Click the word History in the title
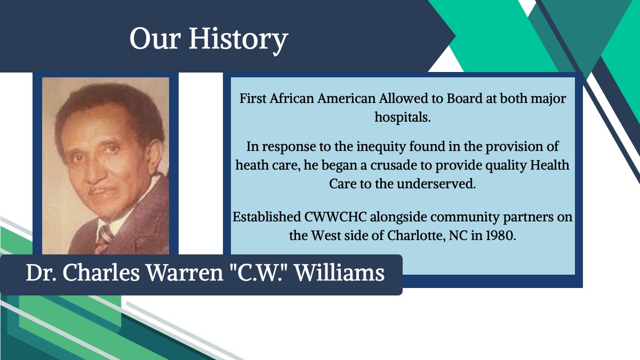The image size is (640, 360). point(238,39)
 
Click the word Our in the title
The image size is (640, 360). point(155,39)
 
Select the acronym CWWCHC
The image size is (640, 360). point(335,217)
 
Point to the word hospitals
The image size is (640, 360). point(403,117)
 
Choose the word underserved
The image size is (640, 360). point(437,183)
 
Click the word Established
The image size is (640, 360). point(267,217)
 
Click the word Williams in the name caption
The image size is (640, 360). point(339,273)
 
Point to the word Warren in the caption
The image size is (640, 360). point(185,273)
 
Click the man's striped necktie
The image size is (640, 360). point(103,239)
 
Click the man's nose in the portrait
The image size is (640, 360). point(93,172)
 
